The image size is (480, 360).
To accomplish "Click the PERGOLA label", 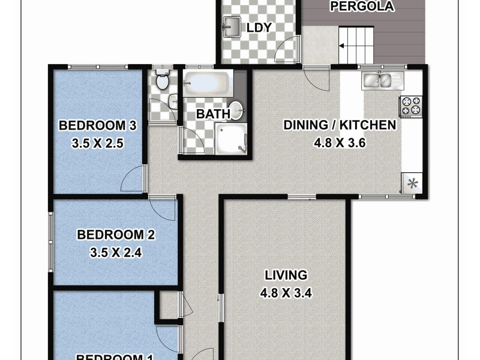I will click(x=362, y=7).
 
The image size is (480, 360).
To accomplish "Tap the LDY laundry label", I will click(x=259, y=28).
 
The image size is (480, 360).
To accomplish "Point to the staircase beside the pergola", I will click(x=356, y=45).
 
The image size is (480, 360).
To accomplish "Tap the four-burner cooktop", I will click(x=412, y=106).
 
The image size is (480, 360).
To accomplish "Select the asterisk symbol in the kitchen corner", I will click(x=413, y=184).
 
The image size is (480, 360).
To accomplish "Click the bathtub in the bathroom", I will click(x=206, y=83).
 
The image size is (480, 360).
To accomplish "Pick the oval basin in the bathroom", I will click(x=237, y=110).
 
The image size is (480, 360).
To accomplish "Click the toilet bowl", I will click(x=161, y=81).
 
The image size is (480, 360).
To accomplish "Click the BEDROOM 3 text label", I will click(x=98, y=125).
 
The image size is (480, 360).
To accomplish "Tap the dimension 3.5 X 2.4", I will click(x=116, y=253).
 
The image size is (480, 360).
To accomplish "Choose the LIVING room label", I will click(x=286, y=275).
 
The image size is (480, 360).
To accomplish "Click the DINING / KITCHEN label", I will click(x=339, y=125).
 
